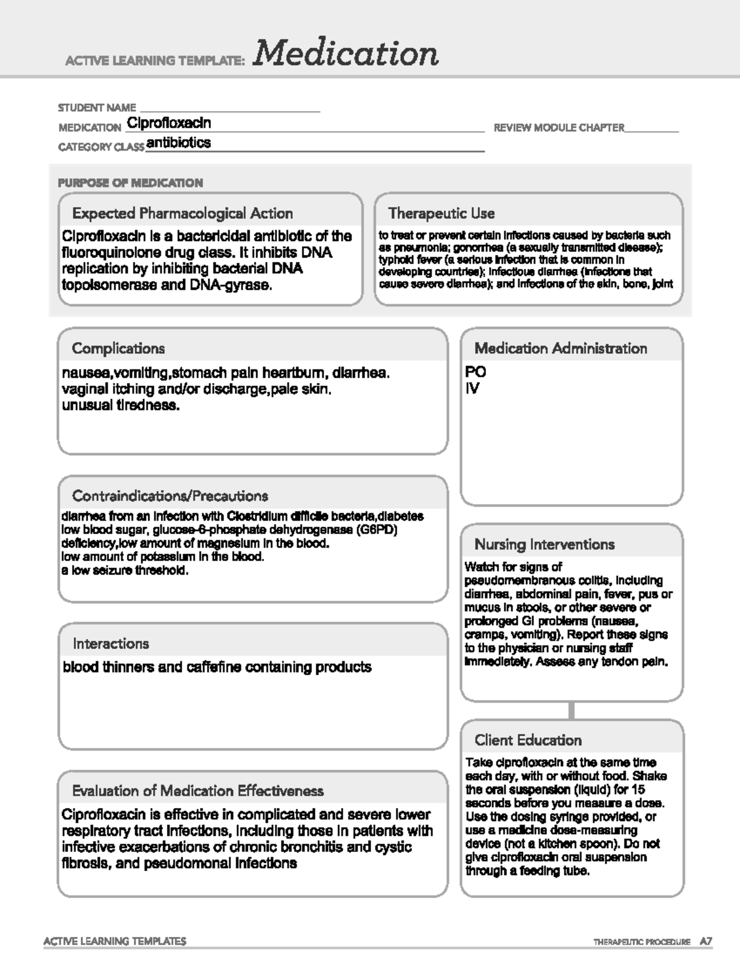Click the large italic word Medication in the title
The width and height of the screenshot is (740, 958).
(x=345, y=53)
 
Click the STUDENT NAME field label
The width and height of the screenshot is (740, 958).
(x=97, y=107)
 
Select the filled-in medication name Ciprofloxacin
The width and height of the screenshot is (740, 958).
(x=169, y=123)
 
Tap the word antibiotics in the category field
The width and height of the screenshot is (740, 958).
(x=179, y=142)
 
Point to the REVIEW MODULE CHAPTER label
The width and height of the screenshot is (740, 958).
(x=559, y=128)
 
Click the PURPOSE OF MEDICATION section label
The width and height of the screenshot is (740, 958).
(x=130, y=183)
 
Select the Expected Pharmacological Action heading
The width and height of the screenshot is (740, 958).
(x=182, y=213)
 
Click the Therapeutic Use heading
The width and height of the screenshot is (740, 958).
(x=441, y=213)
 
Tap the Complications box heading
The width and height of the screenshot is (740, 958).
(x=118, y=349)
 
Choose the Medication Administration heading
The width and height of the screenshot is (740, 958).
(x=561, y=349)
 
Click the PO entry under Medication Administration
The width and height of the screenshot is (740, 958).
(x=475, y=371)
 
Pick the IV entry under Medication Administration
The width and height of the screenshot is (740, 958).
(x=472, y=388)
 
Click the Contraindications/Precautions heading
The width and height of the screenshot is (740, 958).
(x=170, y=496)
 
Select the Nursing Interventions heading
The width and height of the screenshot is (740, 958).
(x=545, y=544)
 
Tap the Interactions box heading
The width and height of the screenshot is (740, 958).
(x=111, y=643)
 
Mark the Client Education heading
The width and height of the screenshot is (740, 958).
(x=528, y=740)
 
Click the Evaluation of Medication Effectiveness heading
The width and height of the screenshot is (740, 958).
(x=197, y=791)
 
